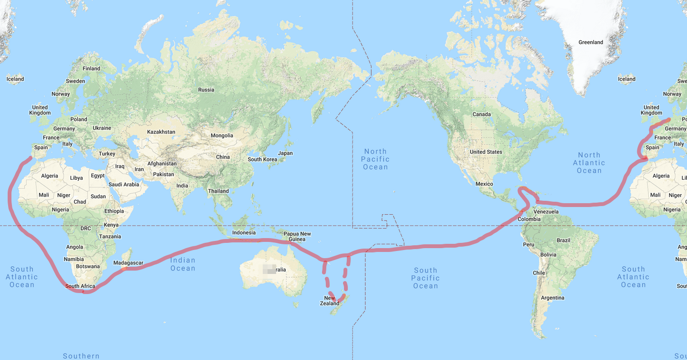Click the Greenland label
[x=590, y=43]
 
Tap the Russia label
[x=206, y=90]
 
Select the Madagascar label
[x=128, y=263]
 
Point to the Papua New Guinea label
[x=297, y=237]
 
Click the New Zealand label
[x=330, y=301]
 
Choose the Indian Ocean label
[x=183, y=264]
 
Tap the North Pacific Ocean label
[x=376, y=159]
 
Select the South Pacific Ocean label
[x=425, y=278]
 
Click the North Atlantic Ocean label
[x=589, y=163]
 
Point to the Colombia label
[x=529, y=219]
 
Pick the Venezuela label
[x=546, y=212]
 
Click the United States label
[x=486, y=152]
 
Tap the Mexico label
[x=484, y=184]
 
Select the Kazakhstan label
[x=161, y=132]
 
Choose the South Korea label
[x=262, y=160]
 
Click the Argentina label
[x=553, y=298]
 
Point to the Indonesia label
[x=244, y=233]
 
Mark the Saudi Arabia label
[x=124, y=185]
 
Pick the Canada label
[x=482, y=114]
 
